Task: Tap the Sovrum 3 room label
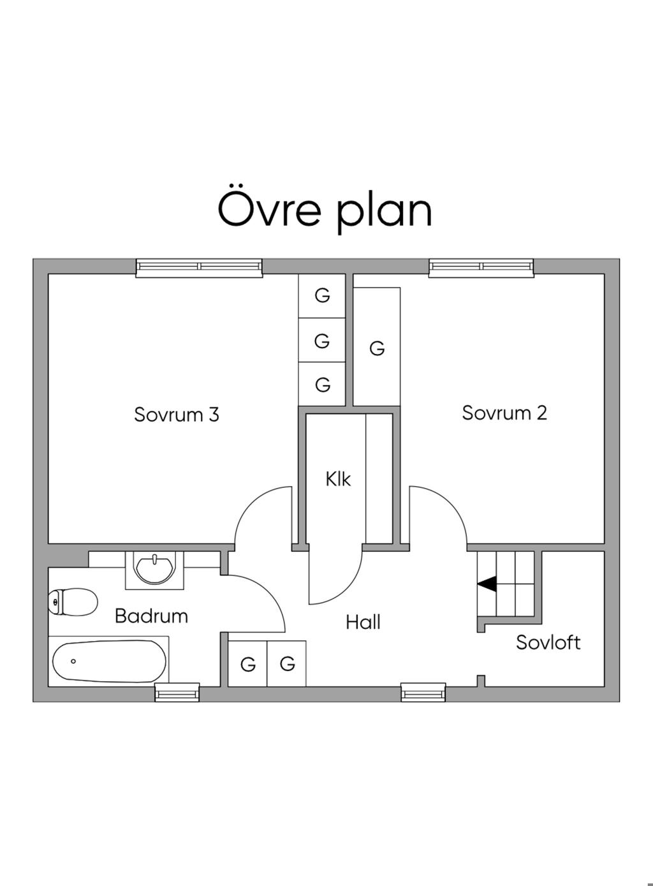[177, 415]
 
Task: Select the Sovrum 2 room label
[504, 413]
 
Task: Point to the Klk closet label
[338, 479]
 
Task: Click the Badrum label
[152, 616]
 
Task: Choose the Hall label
[363, 622]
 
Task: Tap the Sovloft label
[548, 642]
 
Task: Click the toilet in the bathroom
[73, 602]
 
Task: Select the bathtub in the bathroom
[109, 661]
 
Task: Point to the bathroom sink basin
[155, 568]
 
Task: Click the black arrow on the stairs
[487, 584]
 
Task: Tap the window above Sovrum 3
[199, 268]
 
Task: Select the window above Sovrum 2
[481, 268]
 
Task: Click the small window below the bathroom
[177, 693]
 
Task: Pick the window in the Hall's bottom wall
[423, 693]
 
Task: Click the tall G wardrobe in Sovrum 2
[376, 346]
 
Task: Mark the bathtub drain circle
[73, 661]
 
